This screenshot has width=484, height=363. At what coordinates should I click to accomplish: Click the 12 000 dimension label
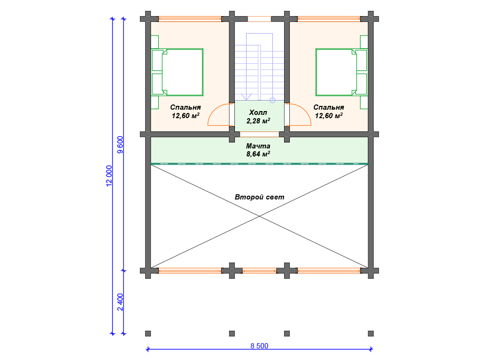tap(109, 176)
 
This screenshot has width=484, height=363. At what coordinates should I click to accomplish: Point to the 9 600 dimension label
tap(120, 145)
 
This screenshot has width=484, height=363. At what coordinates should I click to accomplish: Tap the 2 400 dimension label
tap(120, 302)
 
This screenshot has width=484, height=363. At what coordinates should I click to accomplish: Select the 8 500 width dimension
tap(259, 346)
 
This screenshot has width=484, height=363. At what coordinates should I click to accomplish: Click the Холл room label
tap(258, 112)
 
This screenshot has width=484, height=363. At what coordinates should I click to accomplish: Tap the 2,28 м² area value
tap(259, 121)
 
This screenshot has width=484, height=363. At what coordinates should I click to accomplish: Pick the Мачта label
tap(258, 146)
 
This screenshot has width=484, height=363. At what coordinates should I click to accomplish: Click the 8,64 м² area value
tap(259, 154)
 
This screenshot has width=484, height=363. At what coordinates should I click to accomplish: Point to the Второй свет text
tap(259, 197)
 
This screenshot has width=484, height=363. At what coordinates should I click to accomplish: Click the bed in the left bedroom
tap(178, 72)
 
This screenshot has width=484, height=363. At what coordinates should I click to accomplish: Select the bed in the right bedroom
tap(341, 72)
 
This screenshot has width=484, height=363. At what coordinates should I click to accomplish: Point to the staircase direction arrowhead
tap(246, 97)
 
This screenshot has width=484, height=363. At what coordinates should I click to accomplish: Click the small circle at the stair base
tap(273, 100)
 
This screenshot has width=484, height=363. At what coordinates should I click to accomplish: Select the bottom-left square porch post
tap(148, 333)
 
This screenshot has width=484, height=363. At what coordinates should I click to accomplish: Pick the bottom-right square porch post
tap(371, 333)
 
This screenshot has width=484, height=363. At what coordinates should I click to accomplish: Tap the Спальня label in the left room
tap(185, 107)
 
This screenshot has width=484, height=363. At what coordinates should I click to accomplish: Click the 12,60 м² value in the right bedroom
tap(329, 116)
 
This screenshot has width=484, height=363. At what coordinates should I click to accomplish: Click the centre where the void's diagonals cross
tap(259, 216)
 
